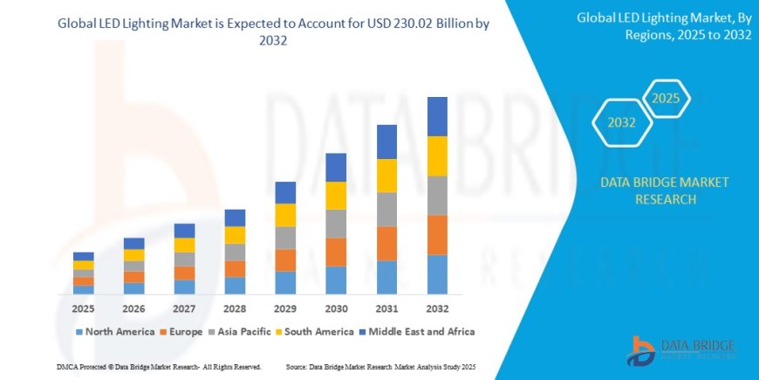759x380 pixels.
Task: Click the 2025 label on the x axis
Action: [83, 308]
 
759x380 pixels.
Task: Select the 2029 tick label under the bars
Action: [285, 308]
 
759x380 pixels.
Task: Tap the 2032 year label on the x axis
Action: [437, 308]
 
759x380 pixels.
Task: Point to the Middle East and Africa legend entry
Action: [418, 332]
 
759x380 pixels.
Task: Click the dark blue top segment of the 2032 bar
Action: [437, 116]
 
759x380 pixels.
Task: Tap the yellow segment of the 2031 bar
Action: [386, 176]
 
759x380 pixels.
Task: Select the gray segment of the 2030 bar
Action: [336, 224]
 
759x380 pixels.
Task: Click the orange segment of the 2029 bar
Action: [285, 260]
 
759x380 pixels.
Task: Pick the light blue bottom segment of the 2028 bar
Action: [235, 286]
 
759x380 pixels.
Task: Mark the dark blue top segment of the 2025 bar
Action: [83, 256]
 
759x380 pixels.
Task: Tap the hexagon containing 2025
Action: [666, 98]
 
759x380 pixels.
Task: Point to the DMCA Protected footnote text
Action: [136, 366]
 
